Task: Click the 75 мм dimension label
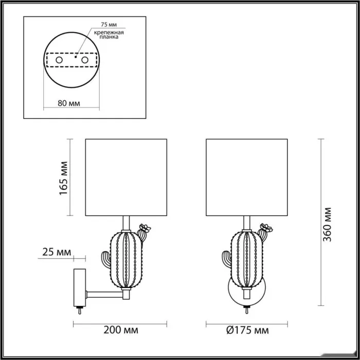(109, 24)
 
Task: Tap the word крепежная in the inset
(109, 32)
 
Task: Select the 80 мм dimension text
(69, 103)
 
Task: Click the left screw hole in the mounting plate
(59, 60)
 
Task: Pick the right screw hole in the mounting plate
(85, 60)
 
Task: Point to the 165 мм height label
(64, 178)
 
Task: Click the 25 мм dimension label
(57, 252)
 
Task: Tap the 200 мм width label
(121, 330)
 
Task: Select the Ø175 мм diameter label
(247, 330)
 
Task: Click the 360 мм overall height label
(327, 224)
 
